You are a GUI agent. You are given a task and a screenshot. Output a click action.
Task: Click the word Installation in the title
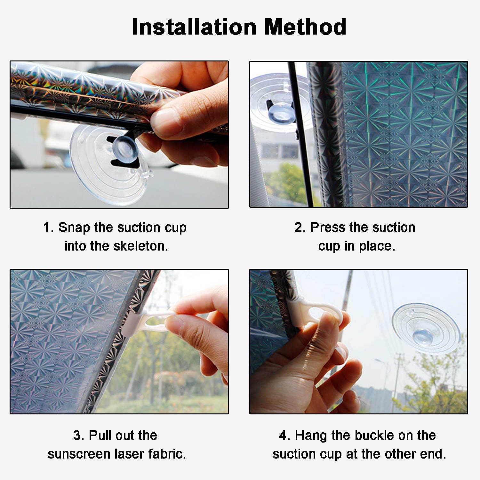(x=194, y=27)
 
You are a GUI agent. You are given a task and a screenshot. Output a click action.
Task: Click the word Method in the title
(x=306, y=27)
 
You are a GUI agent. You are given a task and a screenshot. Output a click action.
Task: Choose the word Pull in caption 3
(x=100, y=436)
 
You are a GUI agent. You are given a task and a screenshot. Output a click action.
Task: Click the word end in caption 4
(x=435, y=454)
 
